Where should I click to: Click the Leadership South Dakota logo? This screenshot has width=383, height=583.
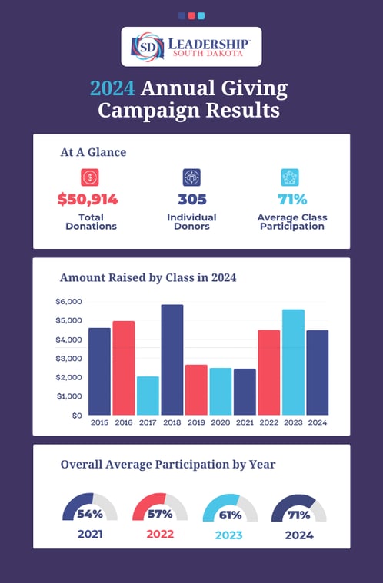(x=191, y=48)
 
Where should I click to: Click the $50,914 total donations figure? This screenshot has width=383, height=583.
(x=87, y=200)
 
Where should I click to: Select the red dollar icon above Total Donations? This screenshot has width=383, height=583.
(x=90, y=177)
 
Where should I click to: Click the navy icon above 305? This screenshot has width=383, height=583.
(x=191, y=177)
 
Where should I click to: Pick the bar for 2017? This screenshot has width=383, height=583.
(x=148, y=396)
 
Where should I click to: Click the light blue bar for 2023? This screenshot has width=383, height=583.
(x=293, y=362)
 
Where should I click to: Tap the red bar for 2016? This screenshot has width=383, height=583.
(x=124, y=368)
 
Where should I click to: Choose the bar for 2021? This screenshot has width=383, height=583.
(x=245, y=392)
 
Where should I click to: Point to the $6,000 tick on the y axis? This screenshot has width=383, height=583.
(x=68, y=302)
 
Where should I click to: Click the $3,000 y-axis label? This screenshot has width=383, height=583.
(x=68, y=359)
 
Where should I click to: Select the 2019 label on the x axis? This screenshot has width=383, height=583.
(x=196, y=423)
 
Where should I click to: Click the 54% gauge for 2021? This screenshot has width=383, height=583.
(x=89, y=508)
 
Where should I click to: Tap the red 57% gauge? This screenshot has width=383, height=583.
(x=159, y=508)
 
